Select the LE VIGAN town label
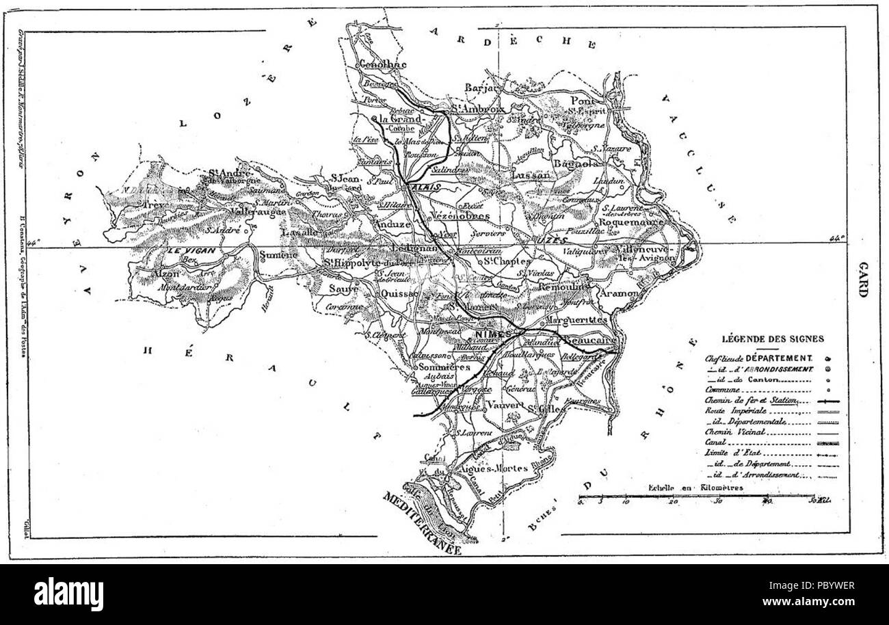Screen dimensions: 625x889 tap(183, 252)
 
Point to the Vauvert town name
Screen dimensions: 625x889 tap(506, 405)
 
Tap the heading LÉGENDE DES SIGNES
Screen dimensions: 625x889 tap(773, 338)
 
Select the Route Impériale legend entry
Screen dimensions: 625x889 tap(732, 411)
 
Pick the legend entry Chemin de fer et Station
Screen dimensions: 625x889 tap(751, 400)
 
